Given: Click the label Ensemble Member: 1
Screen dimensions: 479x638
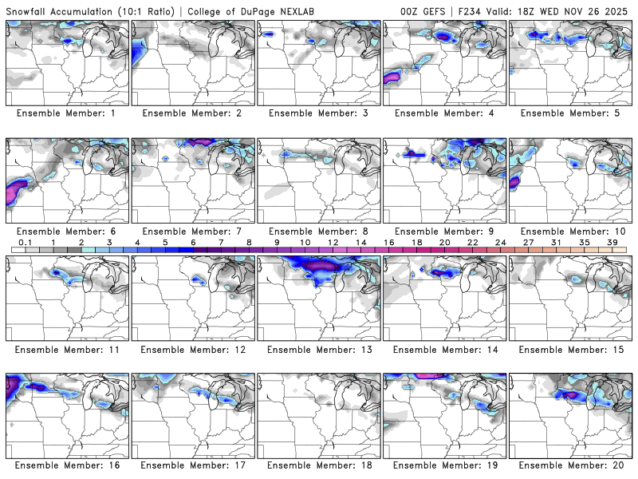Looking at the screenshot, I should [68, 113].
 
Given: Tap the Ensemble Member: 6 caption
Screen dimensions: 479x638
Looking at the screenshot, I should [68, 231].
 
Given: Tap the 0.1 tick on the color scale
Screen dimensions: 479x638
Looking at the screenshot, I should [26, 242].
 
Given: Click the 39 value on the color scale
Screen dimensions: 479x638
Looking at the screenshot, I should [612, 242].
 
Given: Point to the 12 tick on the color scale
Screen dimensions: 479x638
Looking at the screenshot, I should [333, 242].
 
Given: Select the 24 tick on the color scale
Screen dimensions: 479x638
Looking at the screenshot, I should [500, 242].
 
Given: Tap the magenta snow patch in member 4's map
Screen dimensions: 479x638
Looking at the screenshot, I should [392, 77].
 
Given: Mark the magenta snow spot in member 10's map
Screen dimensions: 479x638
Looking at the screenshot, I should [514, 182].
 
